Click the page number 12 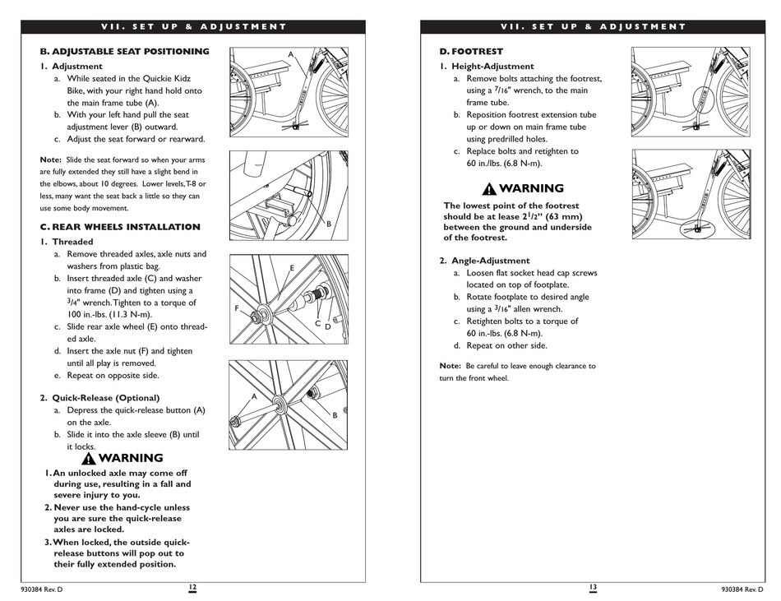tap(192, 587)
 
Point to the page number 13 tap(592, 587)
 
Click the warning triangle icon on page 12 tap(89, 459)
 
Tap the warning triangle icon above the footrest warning tap(489, 189)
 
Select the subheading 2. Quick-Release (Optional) tap(99, 398)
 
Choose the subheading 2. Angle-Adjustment tap(484, 261)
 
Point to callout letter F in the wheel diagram tap(237, 308)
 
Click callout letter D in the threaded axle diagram tap(326, 326)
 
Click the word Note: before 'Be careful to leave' tap(451, 366)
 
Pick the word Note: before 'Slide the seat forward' tap(51, 159)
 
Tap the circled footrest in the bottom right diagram tap(698, 228)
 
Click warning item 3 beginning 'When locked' tap(118, 553)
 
